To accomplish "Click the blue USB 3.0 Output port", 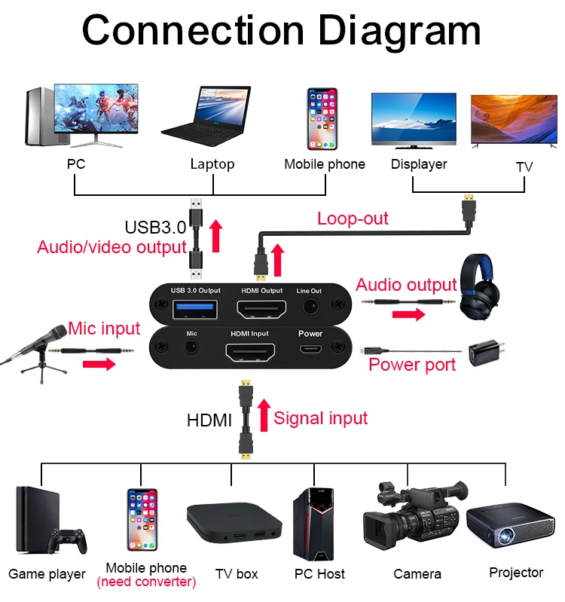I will (194, 309).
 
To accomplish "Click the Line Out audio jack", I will (310, 307).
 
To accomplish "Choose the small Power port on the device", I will (310, 349).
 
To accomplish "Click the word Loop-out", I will (353, 218).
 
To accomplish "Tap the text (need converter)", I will (146, 582).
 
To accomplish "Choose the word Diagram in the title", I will (399, 31).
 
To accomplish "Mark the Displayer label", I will (419, 163).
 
